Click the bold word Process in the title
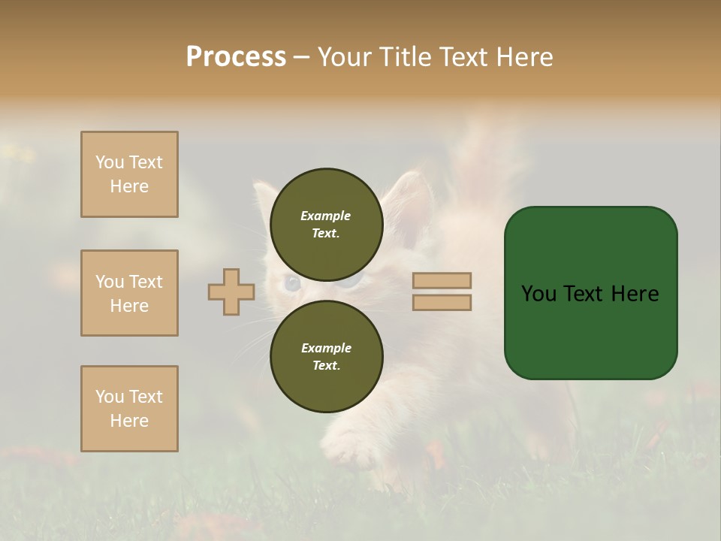click(236, 57)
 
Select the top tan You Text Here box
click(129, 174)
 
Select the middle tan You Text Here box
click(129, 293)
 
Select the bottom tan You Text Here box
click(129, 409)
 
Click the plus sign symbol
click(231, 292)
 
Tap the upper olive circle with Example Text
click(327, 224)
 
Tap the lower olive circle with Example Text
click(327, 356)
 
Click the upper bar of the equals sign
click(442, 280)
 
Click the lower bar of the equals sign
click(442, 302)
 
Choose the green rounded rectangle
click(590, 293)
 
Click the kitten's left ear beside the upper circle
click(264, 198)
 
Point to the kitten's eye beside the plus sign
click(291, 284)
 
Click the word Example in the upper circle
click(326, 216)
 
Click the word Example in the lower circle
click(326, 348)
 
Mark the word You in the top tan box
click(110, 162)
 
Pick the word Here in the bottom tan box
click(129, 421)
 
